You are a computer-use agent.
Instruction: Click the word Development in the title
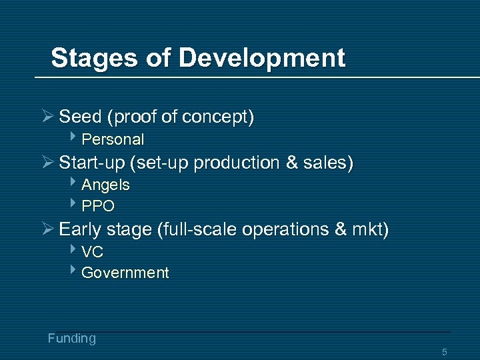[x=262, y=58]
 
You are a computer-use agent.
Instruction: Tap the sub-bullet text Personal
[x=113, y=139]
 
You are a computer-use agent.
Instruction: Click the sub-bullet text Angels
[x=105, y=185]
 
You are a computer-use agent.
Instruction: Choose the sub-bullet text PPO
[x=98, y=205]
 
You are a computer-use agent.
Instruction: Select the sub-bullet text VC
[x=93, y=252]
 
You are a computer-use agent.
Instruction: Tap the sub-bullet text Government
[x=125, y=273]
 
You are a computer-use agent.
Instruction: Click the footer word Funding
[x=71, y=339]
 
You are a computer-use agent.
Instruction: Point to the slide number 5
[x=445, y=351]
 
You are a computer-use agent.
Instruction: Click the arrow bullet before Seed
[x=47, y=117]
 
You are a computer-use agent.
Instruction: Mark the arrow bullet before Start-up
[x=47, y=163]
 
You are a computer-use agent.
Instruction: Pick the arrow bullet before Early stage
[x=47, y=230]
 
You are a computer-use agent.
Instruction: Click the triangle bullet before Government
[x=74, y=271]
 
